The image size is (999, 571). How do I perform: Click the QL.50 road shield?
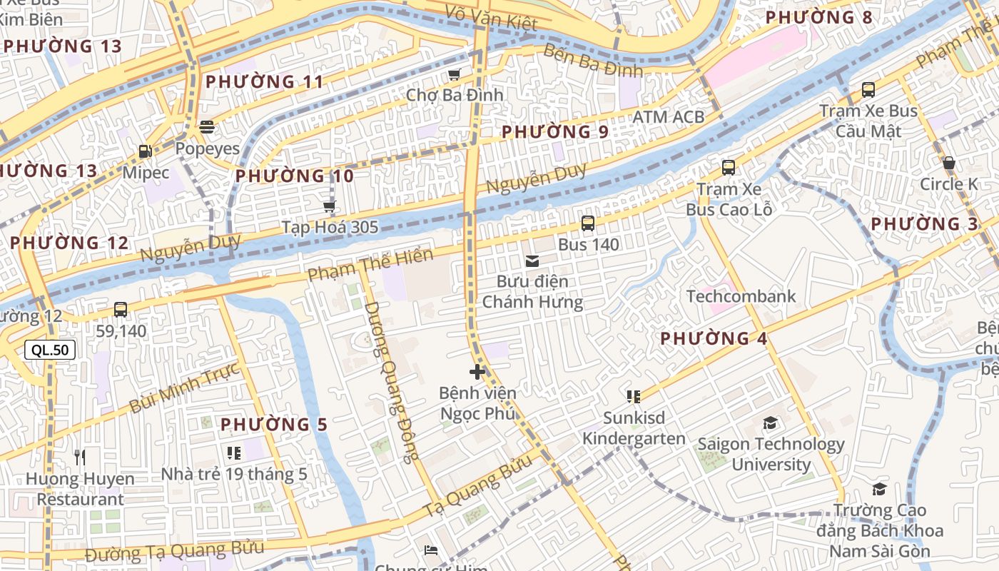(50, 350)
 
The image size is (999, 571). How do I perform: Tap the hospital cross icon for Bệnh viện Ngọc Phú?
(477, 372)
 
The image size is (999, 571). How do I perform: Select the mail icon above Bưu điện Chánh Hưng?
(532, 261)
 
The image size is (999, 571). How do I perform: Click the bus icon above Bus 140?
(588, 223)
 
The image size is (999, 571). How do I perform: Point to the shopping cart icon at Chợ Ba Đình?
(454, 74)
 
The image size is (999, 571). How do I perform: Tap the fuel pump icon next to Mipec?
(145, 151)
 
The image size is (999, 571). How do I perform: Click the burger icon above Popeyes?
(207, 128)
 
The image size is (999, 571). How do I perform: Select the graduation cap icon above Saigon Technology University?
(770, 423)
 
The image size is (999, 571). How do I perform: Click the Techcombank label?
(741, 296)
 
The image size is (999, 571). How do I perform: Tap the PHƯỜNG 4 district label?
(714, 338)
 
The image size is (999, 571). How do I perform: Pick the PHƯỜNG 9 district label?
(554, 132)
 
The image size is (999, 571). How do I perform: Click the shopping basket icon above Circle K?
(949, 163)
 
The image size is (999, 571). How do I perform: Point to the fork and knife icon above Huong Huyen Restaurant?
(80, 457)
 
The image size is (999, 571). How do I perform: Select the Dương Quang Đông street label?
(392, 382)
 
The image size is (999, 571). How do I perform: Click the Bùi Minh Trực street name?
(183, 388)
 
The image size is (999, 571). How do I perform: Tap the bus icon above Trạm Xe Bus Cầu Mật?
(868, 90)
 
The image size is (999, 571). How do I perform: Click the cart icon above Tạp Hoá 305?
(329, 207)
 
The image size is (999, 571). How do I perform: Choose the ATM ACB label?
(668, 116)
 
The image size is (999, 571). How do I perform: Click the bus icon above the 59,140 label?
(121, 310)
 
